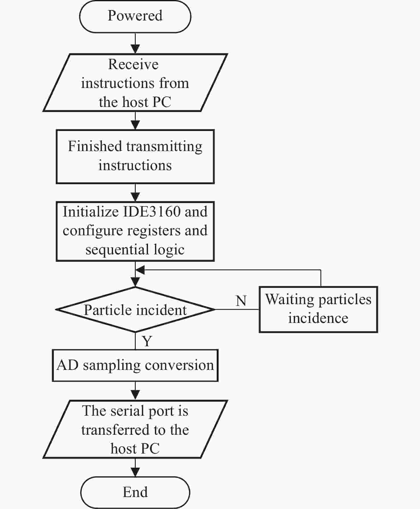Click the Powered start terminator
click(135, 16)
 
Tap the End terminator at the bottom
click(135, 492)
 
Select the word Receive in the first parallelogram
click(133, 64)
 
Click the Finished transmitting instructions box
click(135, 157)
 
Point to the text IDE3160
click(152, 212)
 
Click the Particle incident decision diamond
click(135, 310)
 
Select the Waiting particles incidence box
click(318, 309)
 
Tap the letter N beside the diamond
click(241, 301)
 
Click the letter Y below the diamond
click(147, 341)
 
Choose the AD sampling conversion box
click(135, 365)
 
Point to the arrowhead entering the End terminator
click(135, 472)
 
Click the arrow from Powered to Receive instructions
click(135, 43)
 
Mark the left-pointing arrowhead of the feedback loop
click(140, 270)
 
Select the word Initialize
click(90, 212)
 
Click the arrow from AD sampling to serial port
click(135, 391)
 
